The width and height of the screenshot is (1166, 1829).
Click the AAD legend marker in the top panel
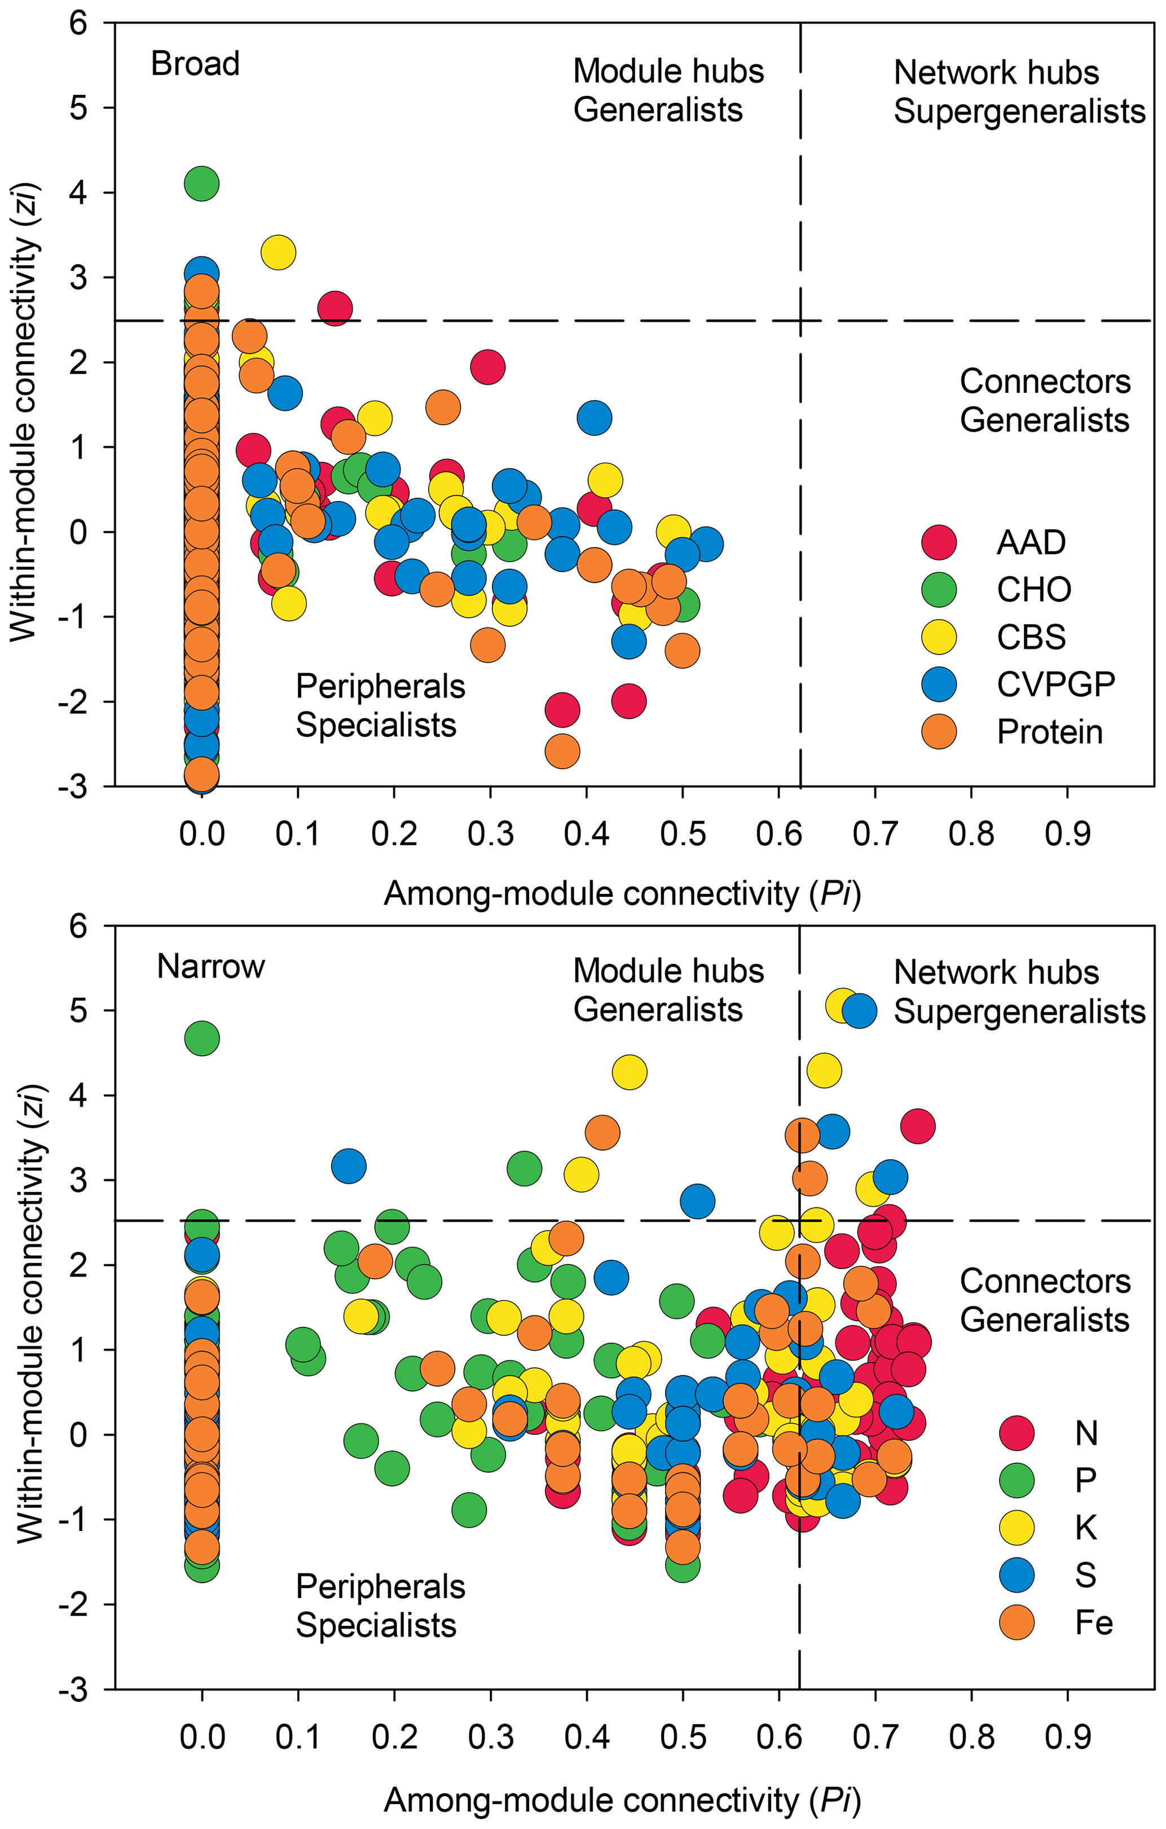click(x=939, y=542)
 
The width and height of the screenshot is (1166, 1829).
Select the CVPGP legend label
click(x=1055, y=685)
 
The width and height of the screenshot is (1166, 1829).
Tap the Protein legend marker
click(x=939, y=731)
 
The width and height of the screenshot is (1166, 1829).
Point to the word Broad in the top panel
click(x=195, y=64)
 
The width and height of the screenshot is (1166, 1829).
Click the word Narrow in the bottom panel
click(x=211, y=967)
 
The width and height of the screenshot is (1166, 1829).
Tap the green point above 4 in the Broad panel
click(x=202, y=183)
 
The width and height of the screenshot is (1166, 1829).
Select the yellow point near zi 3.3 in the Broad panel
click(x=279, y=252)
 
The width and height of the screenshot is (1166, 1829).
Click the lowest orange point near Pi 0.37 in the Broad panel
click(x=562, y=751)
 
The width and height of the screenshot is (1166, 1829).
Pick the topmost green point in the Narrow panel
click(x=202, y=1038)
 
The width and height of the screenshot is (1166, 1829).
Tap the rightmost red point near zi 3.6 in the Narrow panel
click(x=918, y=1126)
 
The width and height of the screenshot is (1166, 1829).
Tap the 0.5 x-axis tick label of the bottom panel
click(x=683, y=1737)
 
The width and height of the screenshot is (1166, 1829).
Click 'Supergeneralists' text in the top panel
click(x=1019, y=112)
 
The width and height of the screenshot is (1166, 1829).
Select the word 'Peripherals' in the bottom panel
click(x=380, y=1587)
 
